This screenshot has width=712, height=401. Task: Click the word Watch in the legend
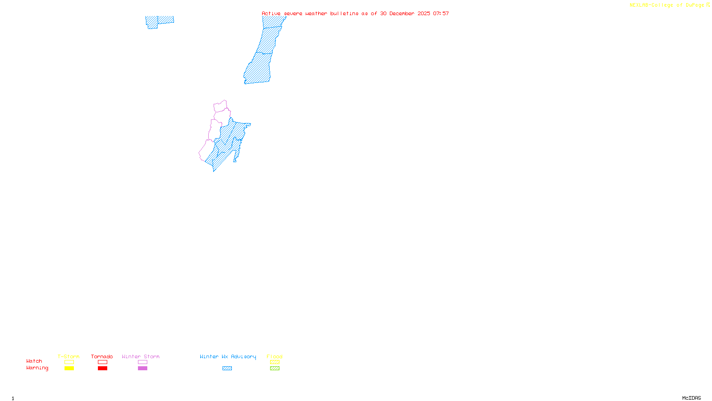click(34, 361)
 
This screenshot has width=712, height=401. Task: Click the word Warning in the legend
click(37, 368)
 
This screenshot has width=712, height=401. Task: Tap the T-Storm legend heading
click(69, 356)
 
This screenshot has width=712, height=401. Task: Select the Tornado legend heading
click(102, 356)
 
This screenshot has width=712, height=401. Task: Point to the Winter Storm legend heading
click(141, 356)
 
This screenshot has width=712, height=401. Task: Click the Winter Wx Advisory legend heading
click(228, 356)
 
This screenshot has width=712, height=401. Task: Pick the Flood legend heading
click(275, 356)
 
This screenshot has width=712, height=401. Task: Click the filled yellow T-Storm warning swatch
click(69, 368)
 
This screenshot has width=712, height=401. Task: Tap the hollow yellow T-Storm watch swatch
click(69, 362)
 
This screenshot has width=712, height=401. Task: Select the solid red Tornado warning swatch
click(103, 368)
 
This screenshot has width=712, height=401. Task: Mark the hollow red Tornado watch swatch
click(103, 362)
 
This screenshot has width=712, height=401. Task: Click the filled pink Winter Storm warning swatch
click(142, 368)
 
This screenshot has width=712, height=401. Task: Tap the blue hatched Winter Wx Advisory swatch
click(227, 368)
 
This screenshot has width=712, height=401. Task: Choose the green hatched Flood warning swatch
click(275, 368)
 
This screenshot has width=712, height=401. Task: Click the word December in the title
click(402, 13)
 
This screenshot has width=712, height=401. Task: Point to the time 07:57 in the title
click(441, 13)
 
